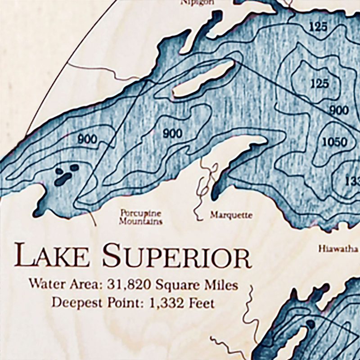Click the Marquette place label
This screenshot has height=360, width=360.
(x=231, y=215)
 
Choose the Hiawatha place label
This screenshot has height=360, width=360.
(x=337, y=248)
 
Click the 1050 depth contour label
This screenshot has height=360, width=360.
(x=335, y=143)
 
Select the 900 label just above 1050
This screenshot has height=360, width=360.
(x=339, y=110)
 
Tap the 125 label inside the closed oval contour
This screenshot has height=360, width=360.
(x=319, y=83)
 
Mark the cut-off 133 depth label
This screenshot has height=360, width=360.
(x=351, y=181)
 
